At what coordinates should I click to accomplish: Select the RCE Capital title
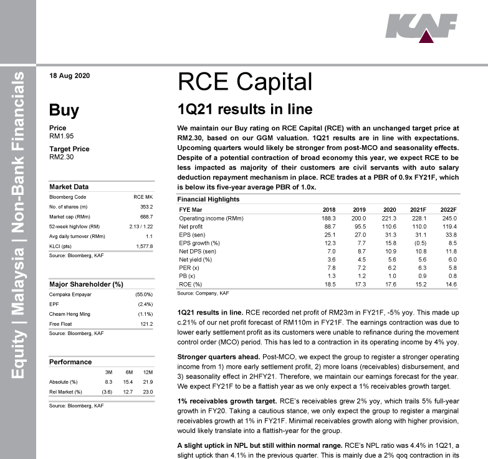click(x=244, y=82)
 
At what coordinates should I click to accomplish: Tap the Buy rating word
click(x=64, y=111)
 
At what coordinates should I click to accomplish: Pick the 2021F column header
click(x=416, y=210)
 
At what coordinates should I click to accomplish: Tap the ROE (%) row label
click(x=190, y=283)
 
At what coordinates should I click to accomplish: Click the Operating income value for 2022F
click(x=449, y=219)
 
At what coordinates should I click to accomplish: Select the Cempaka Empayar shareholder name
click(x=70, y=295)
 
